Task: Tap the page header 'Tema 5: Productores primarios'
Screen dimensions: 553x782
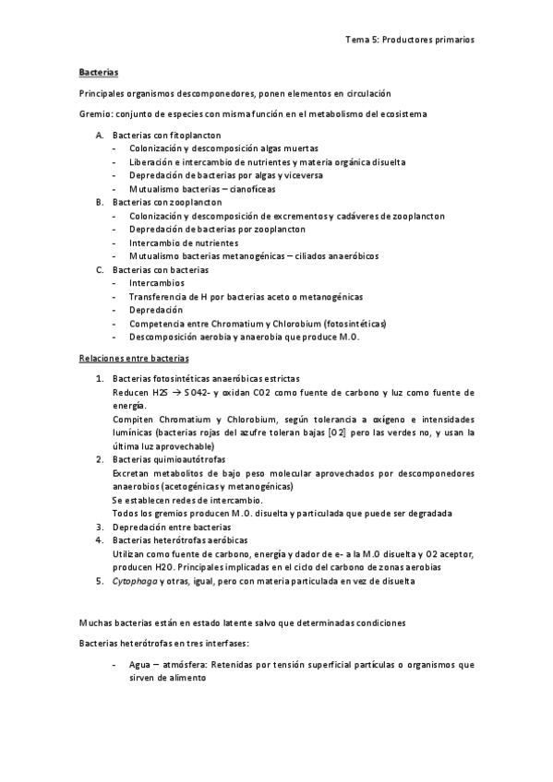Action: [410, 40]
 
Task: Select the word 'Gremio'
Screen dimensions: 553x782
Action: [93, 113]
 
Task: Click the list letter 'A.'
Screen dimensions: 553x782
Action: [101, 135]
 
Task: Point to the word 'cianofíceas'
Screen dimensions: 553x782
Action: [239, 188]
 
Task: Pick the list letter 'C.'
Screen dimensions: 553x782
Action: [101, 269]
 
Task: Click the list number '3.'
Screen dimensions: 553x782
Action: [101, 527]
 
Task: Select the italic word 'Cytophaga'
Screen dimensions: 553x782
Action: [135, 581]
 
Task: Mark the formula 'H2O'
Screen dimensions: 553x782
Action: [165, 567]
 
